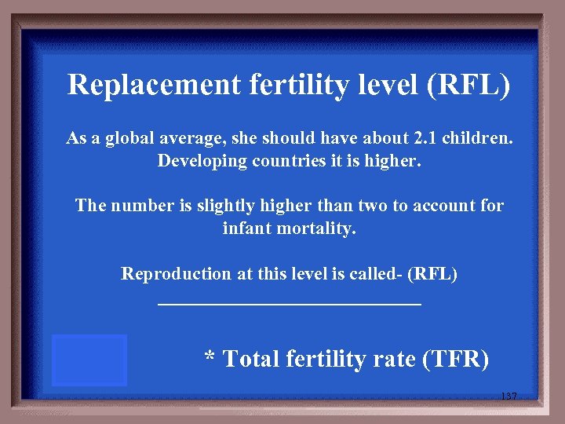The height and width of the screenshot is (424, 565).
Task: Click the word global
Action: coord(137,140)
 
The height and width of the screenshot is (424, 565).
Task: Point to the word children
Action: coord(478,140)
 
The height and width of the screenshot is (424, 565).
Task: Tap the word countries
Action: coord(280,162)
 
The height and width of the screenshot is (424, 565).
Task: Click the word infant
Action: coord(245,228)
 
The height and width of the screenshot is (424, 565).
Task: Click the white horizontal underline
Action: coord(290,302)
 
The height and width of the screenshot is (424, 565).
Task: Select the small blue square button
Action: coord(89,360)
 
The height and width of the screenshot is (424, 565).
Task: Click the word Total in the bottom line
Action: coord(251,360)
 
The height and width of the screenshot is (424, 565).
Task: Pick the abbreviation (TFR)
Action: coord(455,360)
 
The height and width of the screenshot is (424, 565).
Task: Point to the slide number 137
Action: coord(508,397)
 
